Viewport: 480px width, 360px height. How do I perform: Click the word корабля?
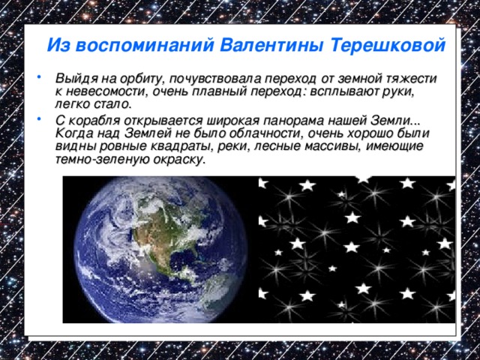pyautogui.click(x=94, y=121)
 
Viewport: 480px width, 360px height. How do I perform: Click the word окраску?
pyautogui.click(x=175, y=160)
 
